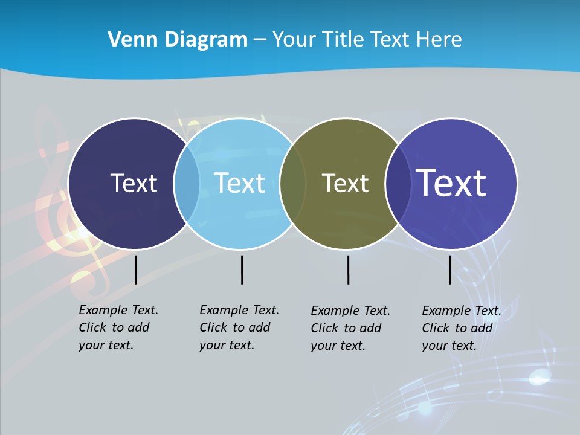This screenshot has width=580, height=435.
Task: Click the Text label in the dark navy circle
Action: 134,183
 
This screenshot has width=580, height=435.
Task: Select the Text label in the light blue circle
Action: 240,183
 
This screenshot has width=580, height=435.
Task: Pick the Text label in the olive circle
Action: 345,183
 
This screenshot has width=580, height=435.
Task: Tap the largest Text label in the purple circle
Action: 451,183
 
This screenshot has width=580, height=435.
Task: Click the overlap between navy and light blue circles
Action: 187,184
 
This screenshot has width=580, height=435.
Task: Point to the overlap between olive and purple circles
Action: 398,184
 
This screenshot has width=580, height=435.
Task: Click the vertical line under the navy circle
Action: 136,269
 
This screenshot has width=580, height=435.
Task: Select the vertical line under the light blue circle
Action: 242,269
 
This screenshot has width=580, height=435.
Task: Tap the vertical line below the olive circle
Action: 348,269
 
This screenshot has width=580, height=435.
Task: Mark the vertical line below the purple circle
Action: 449,269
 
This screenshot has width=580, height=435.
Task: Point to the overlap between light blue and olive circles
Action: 292,184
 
